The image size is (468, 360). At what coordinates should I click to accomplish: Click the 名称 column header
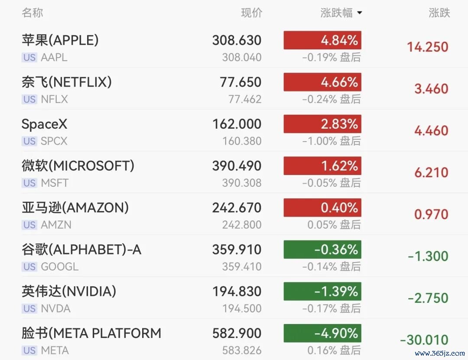point(32,13)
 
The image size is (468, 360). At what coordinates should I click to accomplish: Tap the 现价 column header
point(251,13)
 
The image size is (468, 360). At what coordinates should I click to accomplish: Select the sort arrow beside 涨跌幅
point(359,13)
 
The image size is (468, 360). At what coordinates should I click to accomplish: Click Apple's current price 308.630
point(237,40)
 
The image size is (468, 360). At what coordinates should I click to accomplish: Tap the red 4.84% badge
point(322,40)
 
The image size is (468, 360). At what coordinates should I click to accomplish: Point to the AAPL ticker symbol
point(54,57)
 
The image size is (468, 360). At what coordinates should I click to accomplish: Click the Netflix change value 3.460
point(431,89)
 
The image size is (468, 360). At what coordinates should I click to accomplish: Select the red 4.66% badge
point(322,82)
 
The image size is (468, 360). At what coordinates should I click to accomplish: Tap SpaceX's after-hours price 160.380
point(242,141)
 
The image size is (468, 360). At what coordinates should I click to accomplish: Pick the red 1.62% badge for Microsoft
point(322,165)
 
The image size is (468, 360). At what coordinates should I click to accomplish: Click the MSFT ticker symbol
point(55,183)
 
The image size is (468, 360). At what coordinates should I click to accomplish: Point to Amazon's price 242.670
point(237,208)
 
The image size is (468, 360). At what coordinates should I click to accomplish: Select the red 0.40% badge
point(322,208)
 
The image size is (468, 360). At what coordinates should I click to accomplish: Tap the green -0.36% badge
point(322,249)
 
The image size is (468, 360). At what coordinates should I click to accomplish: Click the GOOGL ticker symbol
point(60,266)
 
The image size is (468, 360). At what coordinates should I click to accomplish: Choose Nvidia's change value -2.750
point(428,298)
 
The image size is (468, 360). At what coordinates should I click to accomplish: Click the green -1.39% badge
point(322,292)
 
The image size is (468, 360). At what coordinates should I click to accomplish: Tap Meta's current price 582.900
point(237,333)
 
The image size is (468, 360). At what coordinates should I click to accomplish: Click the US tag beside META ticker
point(29,350)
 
